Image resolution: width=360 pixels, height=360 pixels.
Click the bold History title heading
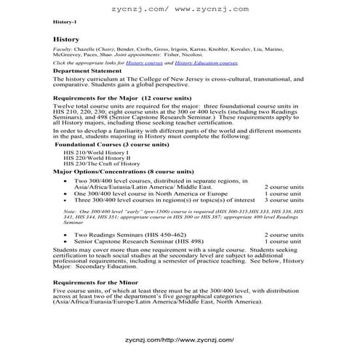pyautogui.click(x=65, y=39)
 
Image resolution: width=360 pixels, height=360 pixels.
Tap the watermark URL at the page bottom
pyautogui.click(x=179, y=340)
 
